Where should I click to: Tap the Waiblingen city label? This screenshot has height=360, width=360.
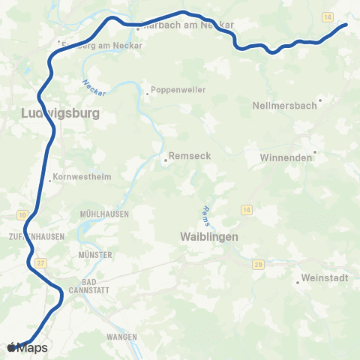coord(209,236)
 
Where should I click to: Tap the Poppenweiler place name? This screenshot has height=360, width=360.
coord(178,91)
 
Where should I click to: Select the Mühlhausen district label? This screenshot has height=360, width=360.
coord(104,214)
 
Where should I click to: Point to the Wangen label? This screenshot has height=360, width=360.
coord(121,337)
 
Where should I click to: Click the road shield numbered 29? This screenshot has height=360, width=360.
coord(257,265)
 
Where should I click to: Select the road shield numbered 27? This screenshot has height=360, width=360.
coord(40,262)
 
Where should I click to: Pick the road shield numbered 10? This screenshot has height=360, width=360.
coord(22,215)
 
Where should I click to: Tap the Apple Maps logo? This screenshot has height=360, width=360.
coord(28,347)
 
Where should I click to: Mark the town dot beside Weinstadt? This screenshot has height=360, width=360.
coord(298,283)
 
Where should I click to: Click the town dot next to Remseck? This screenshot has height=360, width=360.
coord(166,159)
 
